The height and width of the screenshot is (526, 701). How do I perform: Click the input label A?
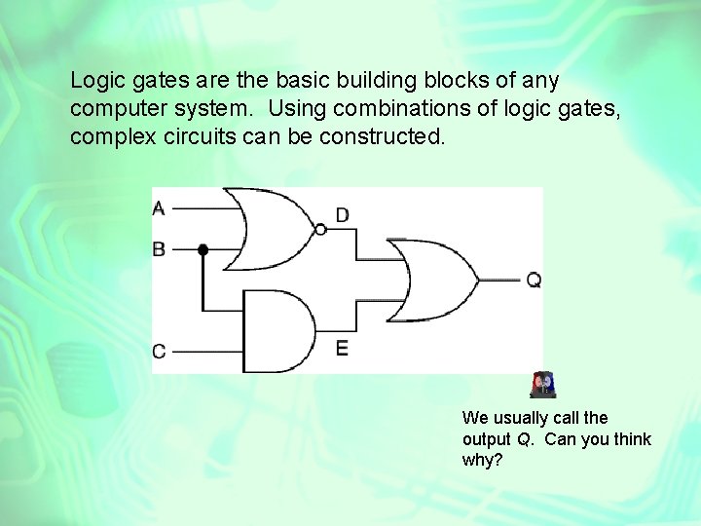pyautogui.click(x=159, y=207)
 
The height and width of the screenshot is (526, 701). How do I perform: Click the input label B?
pyautogui.click(x=159, y=249)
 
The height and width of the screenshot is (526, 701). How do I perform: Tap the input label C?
pyautogui.click(x=159, y=351)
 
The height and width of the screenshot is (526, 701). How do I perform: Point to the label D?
pyautogui.click(x=343, y=214)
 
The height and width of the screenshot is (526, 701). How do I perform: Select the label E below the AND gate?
pyautogui.click(x=342, y=348)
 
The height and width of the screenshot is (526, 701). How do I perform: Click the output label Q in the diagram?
pyautogui.click(x=534, y=281)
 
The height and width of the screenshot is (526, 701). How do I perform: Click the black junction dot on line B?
pyautogui.click(x=203, y=250)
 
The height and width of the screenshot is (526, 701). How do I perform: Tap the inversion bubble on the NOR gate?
pyautogui.click(x=320, y=230)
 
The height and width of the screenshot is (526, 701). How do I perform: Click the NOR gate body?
pyautogui.click(x=277, y=229)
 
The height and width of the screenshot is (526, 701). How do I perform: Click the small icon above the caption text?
pyautogui.click(x=542, y=386)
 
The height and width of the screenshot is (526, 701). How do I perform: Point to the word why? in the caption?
pyautogui.click(x=482, y=459)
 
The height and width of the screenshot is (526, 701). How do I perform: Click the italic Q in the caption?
pyautogui.click(x=524, y=438)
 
